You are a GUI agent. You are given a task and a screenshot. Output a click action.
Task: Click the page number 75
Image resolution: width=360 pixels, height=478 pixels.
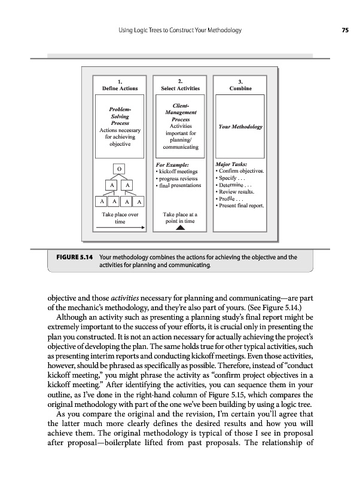pyautogui.click(x=345, y=30)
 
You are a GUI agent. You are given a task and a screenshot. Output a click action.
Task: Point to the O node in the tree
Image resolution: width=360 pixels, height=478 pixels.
pyautogui.click(x=120, y=169)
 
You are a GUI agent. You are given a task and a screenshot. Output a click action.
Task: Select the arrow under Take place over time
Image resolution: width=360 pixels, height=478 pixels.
pyautogui.click(x=121, y=227)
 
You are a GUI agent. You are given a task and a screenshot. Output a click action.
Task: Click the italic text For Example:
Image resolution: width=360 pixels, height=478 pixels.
pyautogui.click(x=172, y=164)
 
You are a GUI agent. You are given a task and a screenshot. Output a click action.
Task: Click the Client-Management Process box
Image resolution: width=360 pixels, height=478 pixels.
pyautogui.click(x=180, y=125)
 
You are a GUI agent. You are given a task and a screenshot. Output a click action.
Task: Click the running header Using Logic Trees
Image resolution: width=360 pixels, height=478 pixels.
pyautogui.click(x=179, y=30)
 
